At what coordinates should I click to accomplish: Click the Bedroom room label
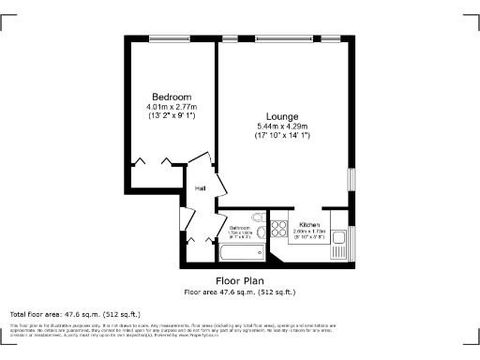172,97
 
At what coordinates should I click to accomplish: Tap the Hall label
200,188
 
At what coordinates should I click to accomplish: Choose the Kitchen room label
310,225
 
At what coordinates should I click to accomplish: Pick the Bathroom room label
241,228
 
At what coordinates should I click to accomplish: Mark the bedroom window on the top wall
171,37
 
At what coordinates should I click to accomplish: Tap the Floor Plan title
239,280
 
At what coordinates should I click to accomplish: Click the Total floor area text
75,314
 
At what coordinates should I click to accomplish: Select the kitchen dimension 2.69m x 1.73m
310,232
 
